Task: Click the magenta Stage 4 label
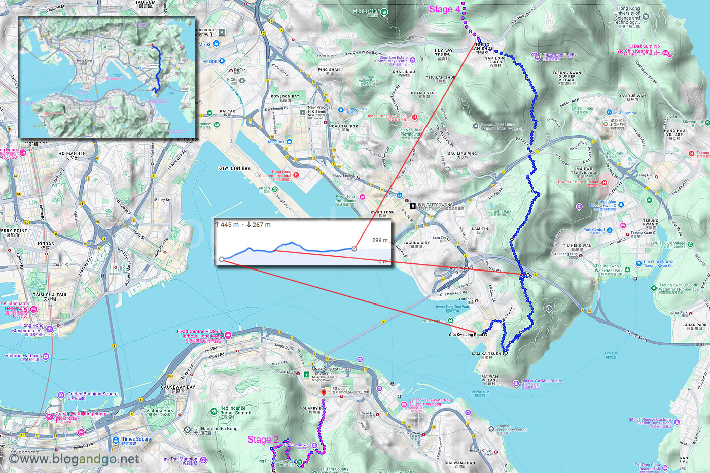(x=444, y=9)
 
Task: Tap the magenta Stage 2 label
(x=263, y=440)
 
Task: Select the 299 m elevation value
(x=380, y=240)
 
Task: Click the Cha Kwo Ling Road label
(x=466, y=335)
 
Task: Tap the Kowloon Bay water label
(x=234, y=168)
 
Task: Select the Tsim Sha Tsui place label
(x=50, y=295)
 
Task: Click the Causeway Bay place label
(x=178, y=387)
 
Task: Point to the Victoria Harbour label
(x=22, y=356)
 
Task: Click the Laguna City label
(x=417, y=243)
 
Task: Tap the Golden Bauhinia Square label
(x=92, y=394)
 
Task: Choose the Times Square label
(x=136, y=439)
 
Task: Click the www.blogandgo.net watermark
(x=74, y=459)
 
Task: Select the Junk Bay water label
(x=611, y=353)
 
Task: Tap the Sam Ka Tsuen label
(x=486, y=354)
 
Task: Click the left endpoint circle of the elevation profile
(x=222, y=259)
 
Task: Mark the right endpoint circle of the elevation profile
(x=354, y=249)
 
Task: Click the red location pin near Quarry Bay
(x=324, y=393)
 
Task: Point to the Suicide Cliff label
(x=366, y=11)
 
